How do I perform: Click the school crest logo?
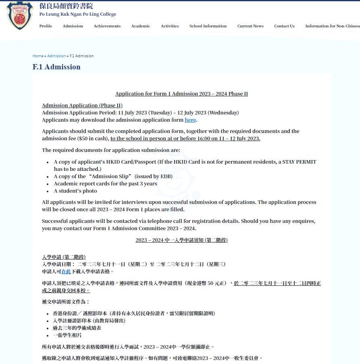20,16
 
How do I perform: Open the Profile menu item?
46,26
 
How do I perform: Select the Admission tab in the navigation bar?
73,26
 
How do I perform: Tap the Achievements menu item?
107,26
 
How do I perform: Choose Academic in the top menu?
140,26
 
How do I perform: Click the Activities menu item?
170,26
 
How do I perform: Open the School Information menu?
208,26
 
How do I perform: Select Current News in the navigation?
250,26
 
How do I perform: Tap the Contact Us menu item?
284,26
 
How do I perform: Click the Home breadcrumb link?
38,56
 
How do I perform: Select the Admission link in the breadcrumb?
56,56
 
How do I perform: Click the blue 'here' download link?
190,120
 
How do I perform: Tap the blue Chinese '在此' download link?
66,272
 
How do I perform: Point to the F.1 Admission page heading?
56,67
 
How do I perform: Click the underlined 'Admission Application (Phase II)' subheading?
82,106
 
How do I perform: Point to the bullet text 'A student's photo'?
75,191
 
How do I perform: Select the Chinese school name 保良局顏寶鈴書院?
66,6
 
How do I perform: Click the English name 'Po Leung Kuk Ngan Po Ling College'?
78,15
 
